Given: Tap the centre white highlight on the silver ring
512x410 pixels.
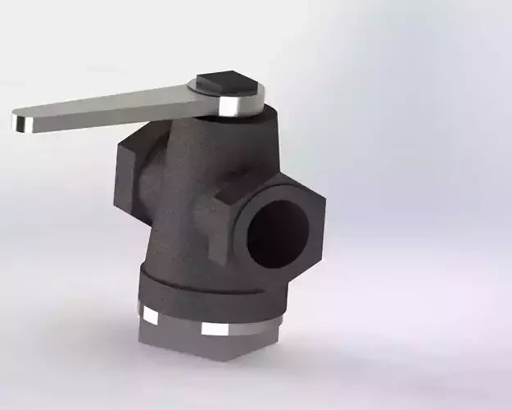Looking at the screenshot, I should tap(218, 330).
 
